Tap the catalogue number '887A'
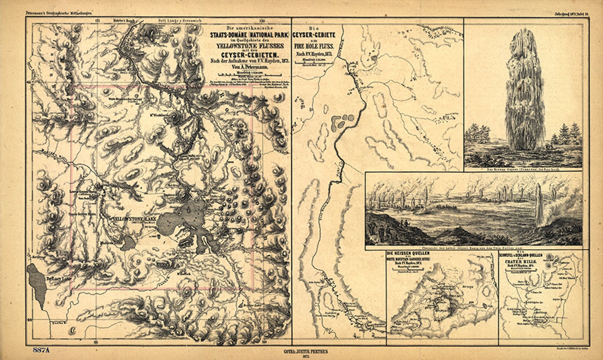click(41, 350)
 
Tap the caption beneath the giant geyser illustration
click(523, 170)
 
